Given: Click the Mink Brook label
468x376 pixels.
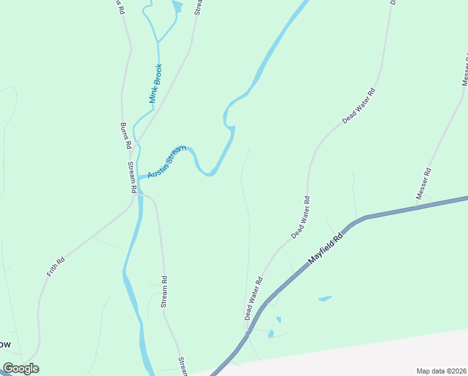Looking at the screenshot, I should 156,83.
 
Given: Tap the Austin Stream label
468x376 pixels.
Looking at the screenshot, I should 167,161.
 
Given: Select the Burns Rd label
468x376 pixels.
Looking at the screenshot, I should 125,135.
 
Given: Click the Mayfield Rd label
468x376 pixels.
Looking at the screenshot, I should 326,249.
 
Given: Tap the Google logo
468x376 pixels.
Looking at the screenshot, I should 21,368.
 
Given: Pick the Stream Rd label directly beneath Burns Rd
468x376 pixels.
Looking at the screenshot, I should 132,177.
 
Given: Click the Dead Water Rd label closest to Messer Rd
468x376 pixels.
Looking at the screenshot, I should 359,106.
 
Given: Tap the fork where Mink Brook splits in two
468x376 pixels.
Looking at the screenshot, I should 157,43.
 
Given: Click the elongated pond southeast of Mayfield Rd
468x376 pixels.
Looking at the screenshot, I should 325,299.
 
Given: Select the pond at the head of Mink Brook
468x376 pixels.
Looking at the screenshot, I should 177,7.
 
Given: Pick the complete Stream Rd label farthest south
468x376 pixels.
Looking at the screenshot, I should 163,292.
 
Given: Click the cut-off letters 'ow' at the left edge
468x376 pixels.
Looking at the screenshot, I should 6,344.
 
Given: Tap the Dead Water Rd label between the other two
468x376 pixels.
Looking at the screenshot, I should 300,217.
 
